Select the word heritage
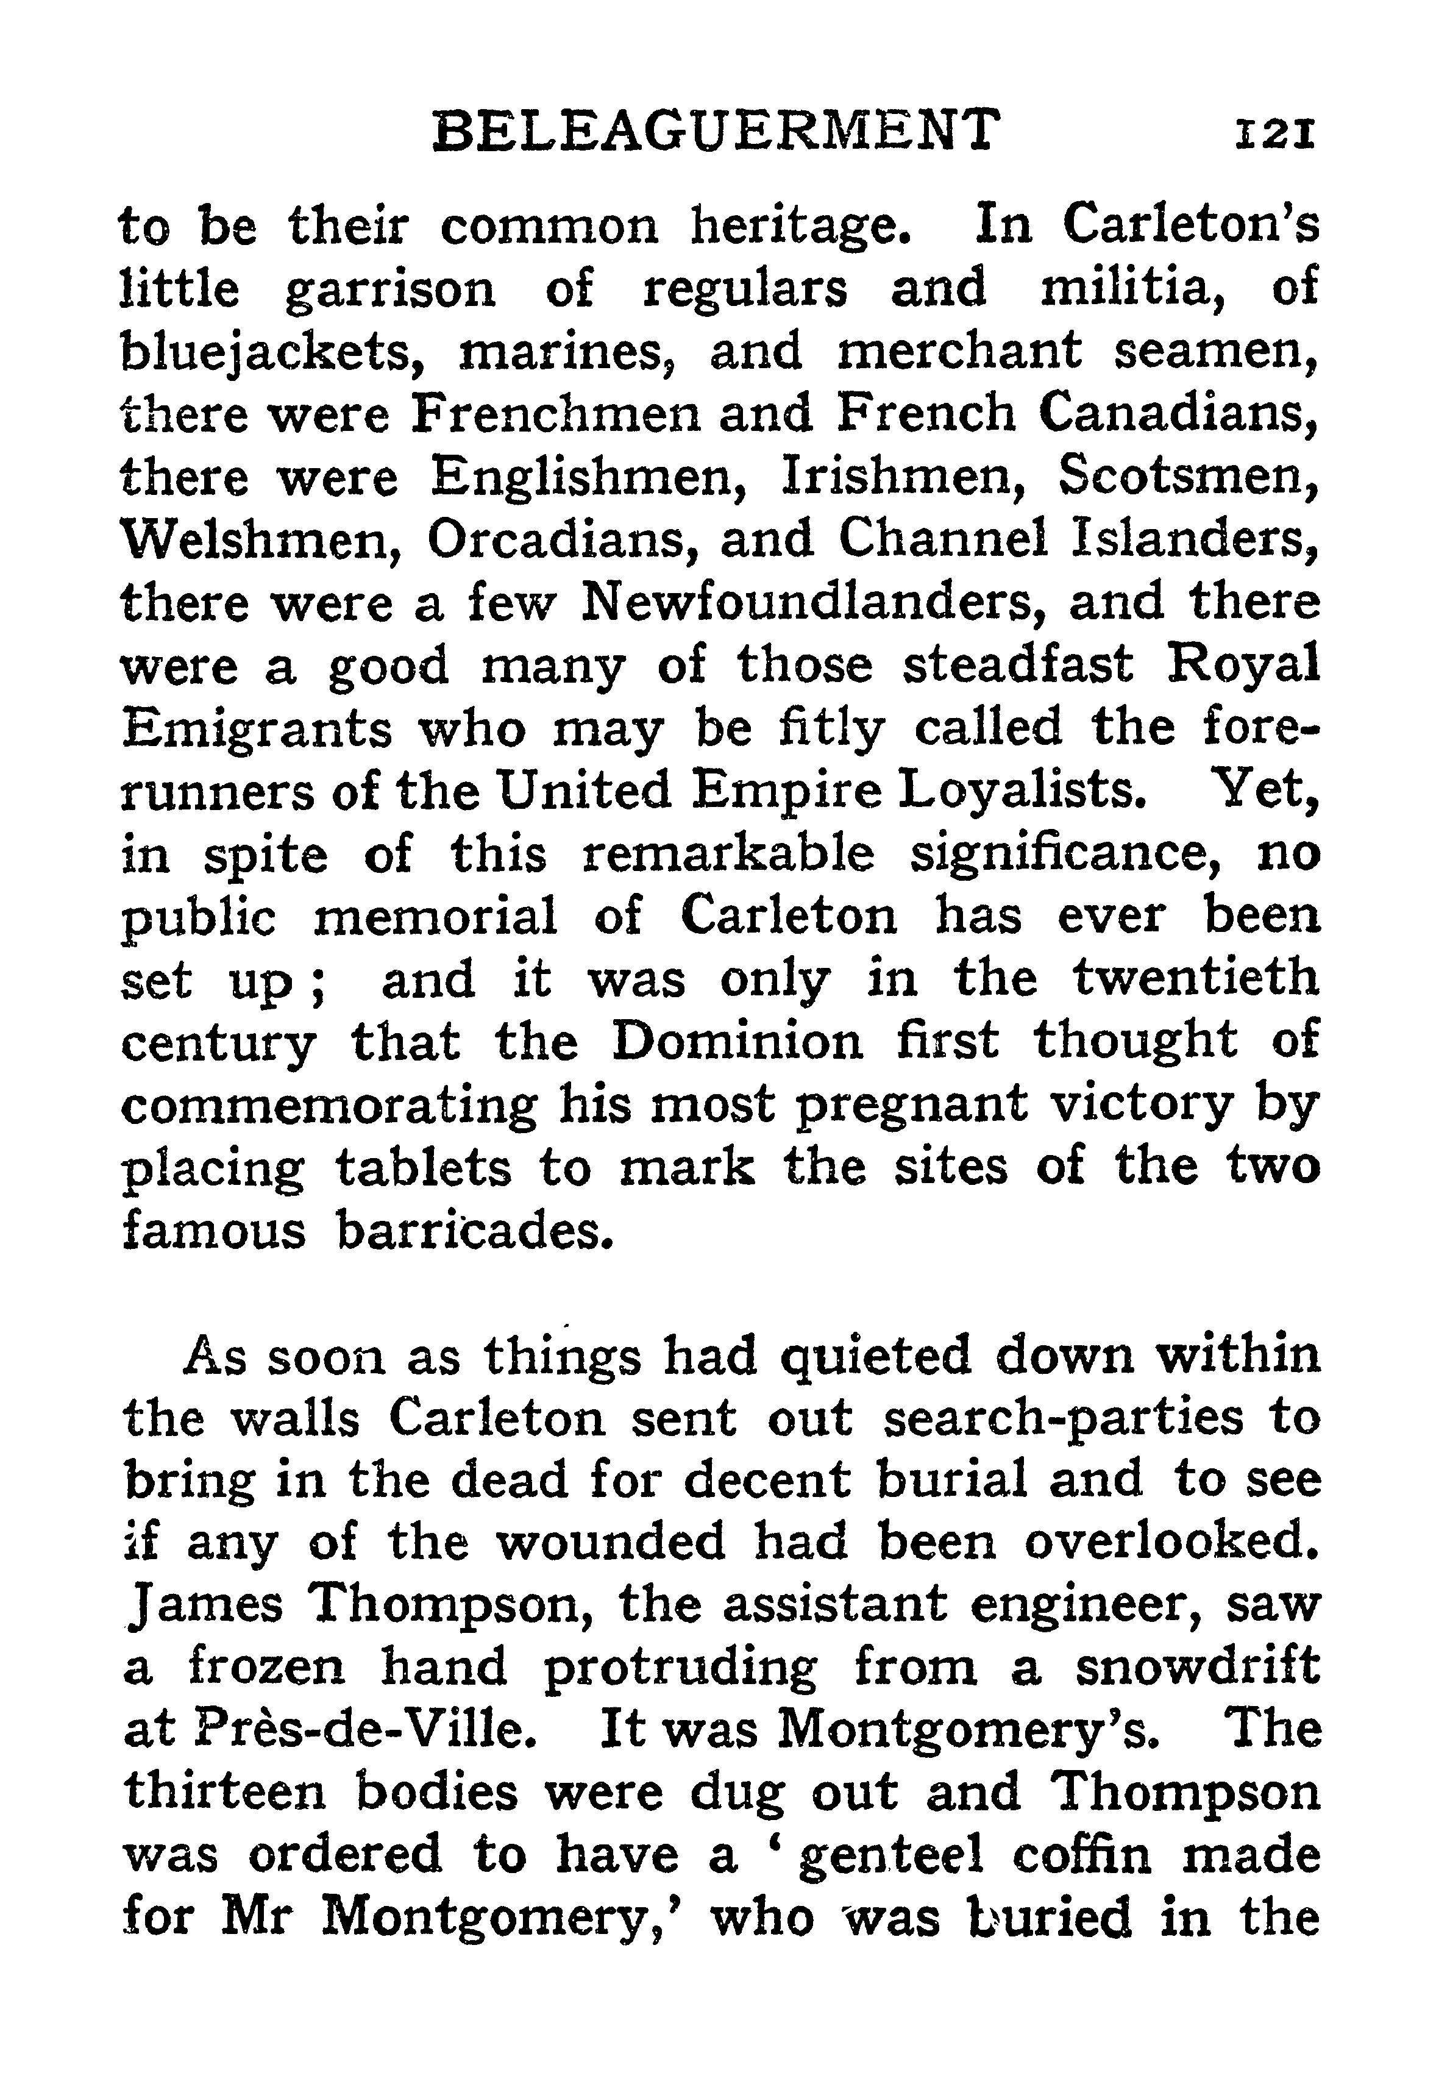(800, 229)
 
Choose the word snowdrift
(1198, 1668)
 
